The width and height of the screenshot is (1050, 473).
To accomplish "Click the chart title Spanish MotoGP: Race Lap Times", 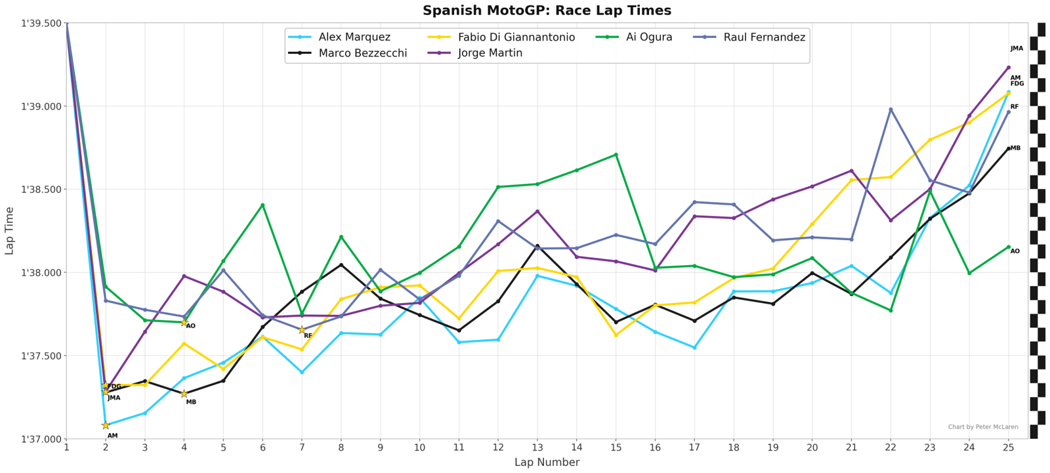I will pos(547,10).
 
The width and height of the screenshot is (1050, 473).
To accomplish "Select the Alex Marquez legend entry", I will pos(354,37).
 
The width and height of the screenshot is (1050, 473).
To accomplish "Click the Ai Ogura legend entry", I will pos(648,37).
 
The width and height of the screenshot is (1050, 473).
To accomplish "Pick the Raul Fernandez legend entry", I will pos(764,37).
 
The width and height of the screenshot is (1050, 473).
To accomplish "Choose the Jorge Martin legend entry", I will pos(490,53).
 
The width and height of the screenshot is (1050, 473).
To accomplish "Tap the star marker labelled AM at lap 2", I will pos(106,425).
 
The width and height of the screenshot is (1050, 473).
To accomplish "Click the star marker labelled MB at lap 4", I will pos(184,394).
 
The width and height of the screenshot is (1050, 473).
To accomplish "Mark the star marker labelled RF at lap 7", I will pos(302,330).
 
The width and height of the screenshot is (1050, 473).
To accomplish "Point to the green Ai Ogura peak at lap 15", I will pos(616,155).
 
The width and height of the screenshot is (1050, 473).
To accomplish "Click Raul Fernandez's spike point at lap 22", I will pos(891,110).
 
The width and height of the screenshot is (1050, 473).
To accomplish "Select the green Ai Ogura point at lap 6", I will pos(262,205).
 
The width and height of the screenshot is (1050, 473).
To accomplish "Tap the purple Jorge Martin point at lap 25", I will pos(1009,68).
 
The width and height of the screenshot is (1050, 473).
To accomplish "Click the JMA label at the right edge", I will pos(1017,49).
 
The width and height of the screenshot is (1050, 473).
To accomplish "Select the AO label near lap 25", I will pos(1015,251).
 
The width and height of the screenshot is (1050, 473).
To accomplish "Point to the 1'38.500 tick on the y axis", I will pos(42,190).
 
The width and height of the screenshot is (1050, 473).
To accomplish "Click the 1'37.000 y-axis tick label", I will pos(42,439).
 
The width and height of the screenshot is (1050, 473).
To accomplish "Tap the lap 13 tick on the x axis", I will pos(537,447).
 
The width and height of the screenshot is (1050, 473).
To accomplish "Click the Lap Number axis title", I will pos(547,463).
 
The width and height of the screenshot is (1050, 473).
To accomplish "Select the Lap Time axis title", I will pos(10,231).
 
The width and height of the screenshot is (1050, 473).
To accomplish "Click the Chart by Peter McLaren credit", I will pos(982,427).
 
